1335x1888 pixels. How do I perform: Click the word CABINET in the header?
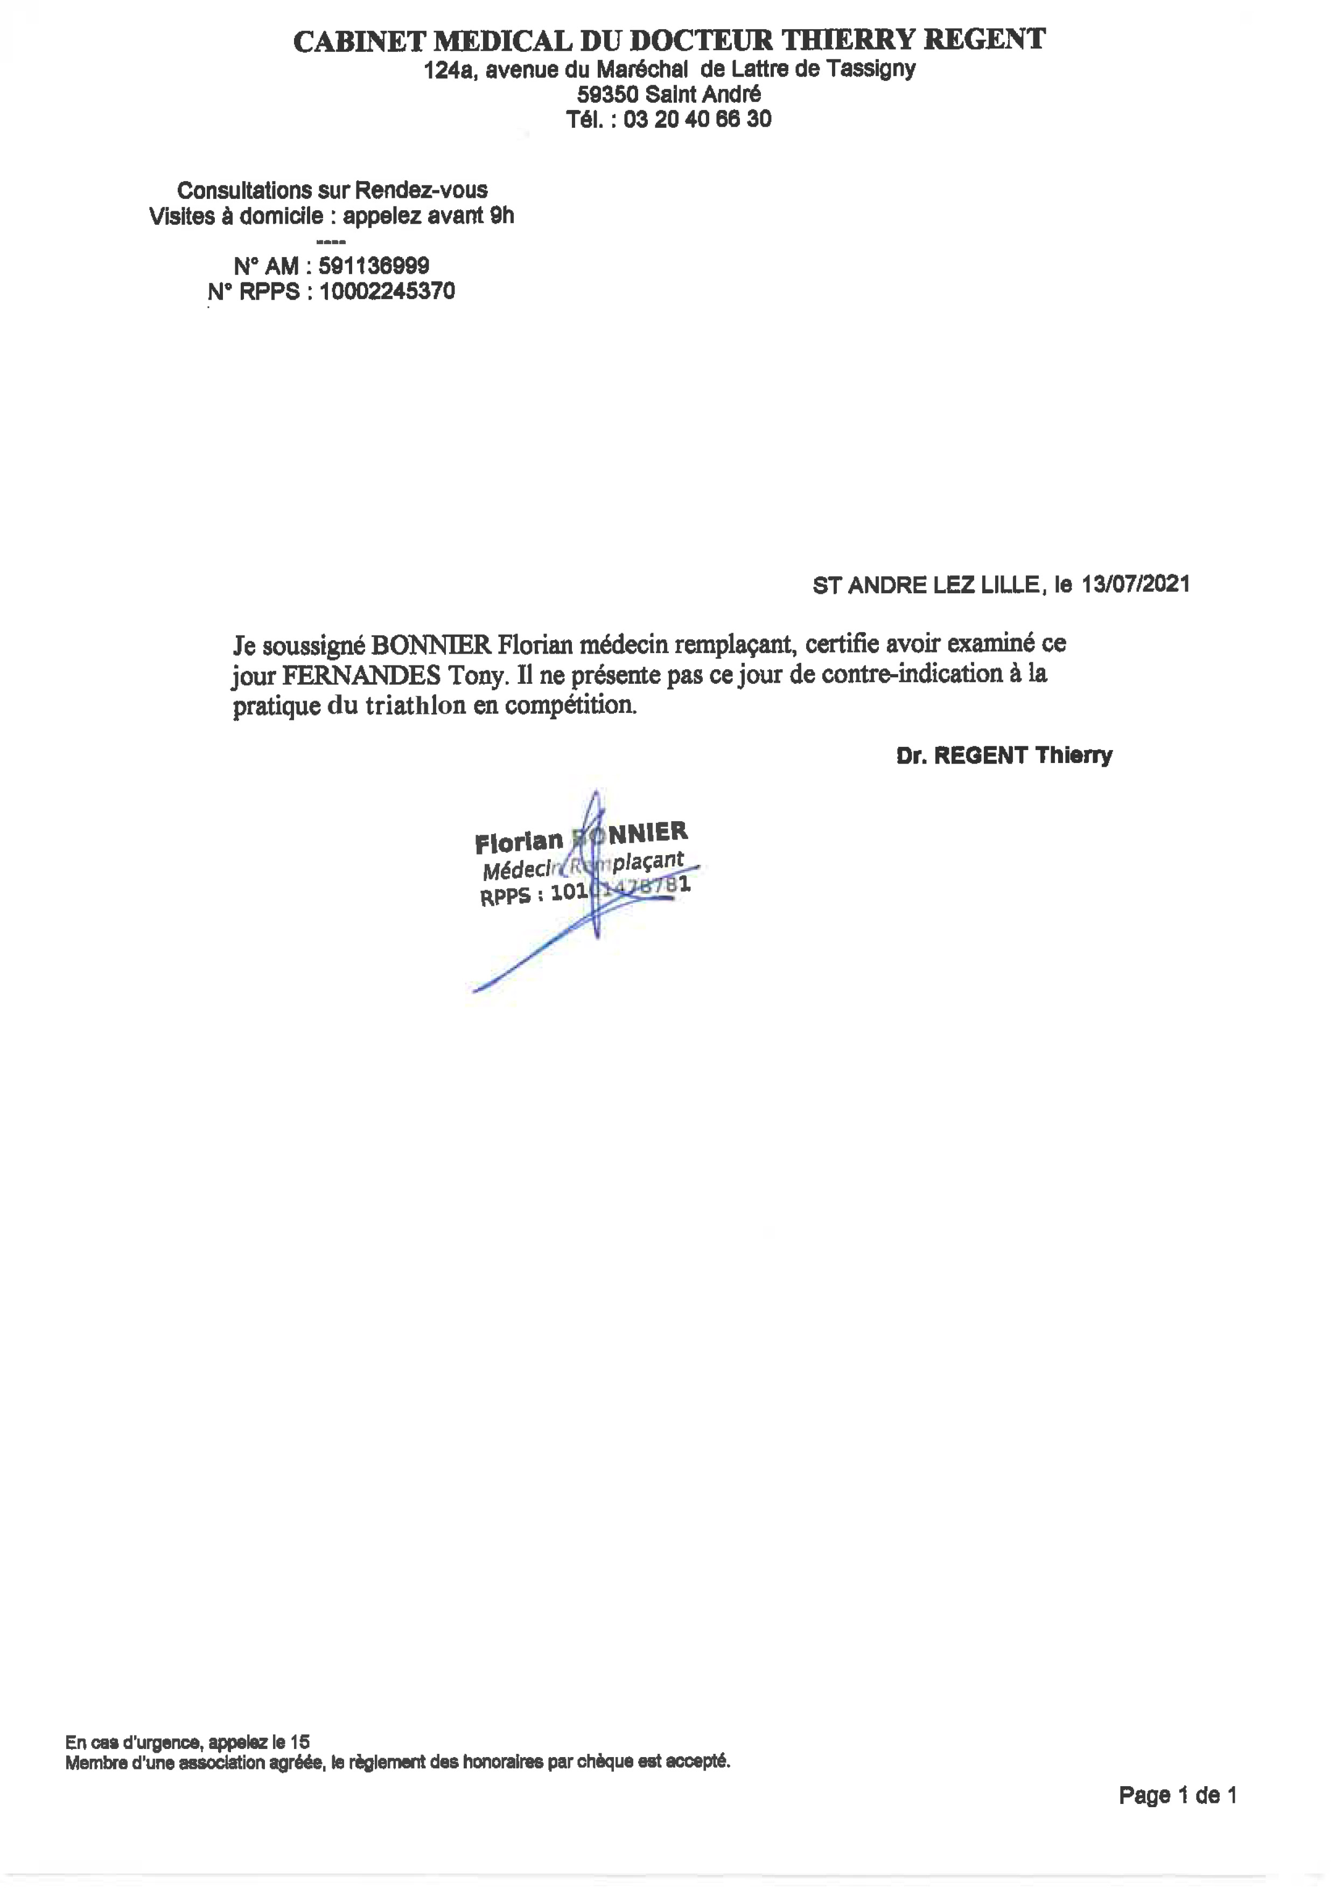pyautogui.click(x=359, y=41)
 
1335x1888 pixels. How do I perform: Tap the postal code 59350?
pyautogui.click(x=607, y=95)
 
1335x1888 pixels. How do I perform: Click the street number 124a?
pyautogui.click(x=448, y=71)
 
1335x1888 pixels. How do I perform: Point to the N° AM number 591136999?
pyautogui.click(x=374, y=266)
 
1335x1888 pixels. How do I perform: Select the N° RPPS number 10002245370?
pyautogui.click(x=387, y=291)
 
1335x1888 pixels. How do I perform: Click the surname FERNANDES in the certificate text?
pyautogui.click(x=362, y=675)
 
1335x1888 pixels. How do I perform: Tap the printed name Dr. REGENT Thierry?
pyautogui.click(x=1004, y=756)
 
